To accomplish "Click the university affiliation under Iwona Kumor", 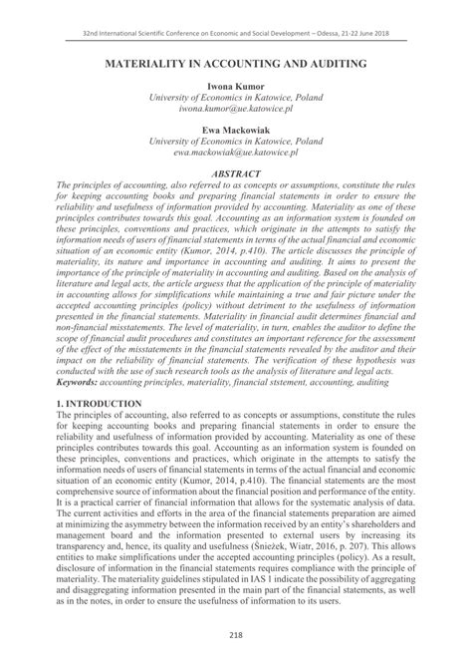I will click(236, 99).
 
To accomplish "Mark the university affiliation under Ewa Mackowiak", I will click(236, 143).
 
